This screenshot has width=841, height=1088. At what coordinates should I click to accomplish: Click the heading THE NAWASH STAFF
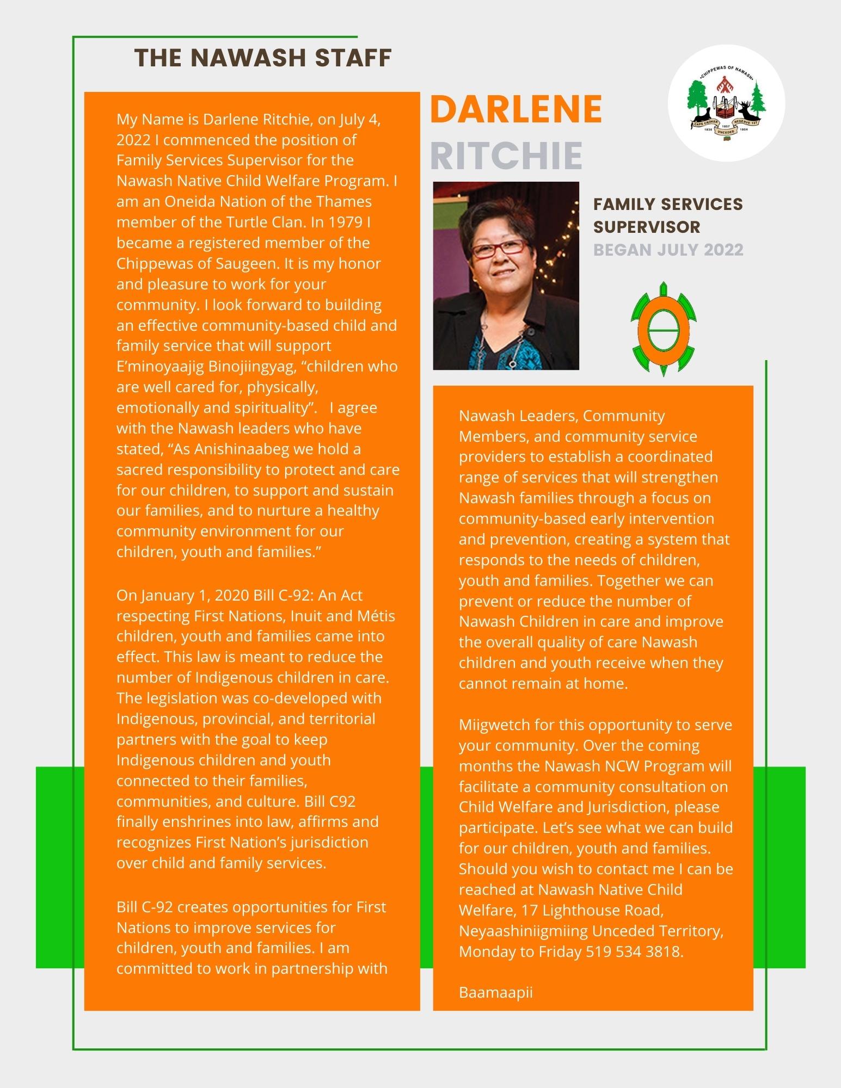[263, 58]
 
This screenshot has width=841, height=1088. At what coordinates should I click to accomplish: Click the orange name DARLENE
[515, 109]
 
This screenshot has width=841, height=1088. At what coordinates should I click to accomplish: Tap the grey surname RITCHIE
[506, 156]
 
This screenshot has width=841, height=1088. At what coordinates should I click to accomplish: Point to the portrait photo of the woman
[506, 275]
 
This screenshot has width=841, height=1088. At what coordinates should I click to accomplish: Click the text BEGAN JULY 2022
[668, 250]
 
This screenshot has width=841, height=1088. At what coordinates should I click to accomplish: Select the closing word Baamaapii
[495, 992]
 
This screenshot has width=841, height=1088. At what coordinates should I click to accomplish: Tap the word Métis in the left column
[376, 616]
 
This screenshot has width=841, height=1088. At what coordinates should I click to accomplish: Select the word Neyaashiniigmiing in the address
[523, 931]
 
